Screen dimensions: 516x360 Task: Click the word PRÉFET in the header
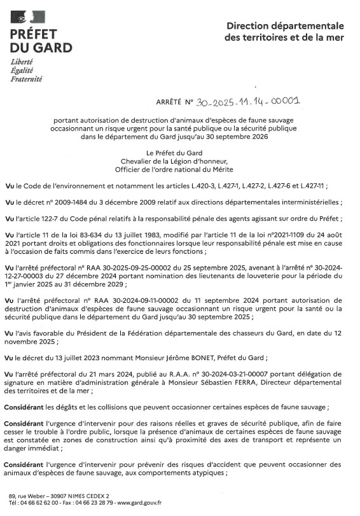[33, 34]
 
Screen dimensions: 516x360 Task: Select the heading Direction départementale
[285, 26]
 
